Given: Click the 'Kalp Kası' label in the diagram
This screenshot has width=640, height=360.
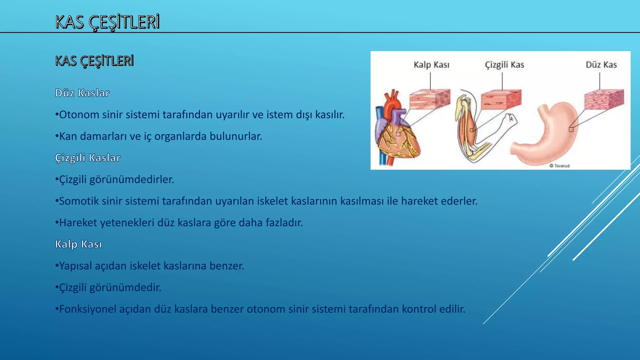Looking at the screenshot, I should point(431,65).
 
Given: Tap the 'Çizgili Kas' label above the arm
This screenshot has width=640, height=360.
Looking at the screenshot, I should point(504,65).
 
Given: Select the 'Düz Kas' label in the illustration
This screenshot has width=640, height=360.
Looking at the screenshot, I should point(601,65).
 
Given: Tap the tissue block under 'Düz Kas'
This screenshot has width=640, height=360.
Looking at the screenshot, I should point(604,99).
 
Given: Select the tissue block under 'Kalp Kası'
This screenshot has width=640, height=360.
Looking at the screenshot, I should point(430,99).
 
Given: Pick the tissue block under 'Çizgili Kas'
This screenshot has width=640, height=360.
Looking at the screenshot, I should point(501,100).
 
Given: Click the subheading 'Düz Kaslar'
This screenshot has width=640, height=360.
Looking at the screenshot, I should point(82,93).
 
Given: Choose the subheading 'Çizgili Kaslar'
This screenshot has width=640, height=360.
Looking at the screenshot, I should point(87,158).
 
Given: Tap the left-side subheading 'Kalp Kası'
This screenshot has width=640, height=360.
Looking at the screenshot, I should point(78,244).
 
